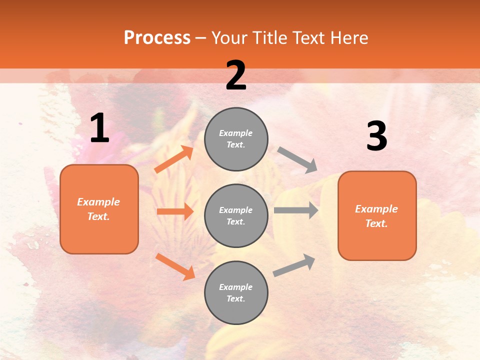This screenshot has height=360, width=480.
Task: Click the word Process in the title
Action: click(x=157, y=37)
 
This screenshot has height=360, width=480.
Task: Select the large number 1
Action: click(x=99, y=128)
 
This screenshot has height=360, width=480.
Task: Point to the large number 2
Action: click(x=236, y=75)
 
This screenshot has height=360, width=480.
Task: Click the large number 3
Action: click(x=376, y=136)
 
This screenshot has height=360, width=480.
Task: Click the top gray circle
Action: click(x=236, y=139)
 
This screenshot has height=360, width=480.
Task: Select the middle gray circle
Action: click(x=236, y=215)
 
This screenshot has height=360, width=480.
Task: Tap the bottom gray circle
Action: click(x=236, y=292)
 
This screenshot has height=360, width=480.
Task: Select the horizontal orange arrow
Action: click(x=175, y=211)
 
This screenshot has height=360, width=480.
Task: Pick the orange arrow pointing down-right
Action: click(x=175, y=266)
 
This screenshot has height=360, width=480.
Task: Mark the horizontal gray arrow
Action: click(x=296, y=210)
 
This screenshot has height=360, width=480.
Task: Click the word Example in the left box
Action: click(x=98, y=202)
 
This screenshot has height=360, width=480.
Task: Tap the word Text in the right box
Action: click(x=376, y=223)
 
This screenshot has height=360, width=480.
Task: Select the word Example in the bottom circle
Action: click(x=235, y=287)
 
